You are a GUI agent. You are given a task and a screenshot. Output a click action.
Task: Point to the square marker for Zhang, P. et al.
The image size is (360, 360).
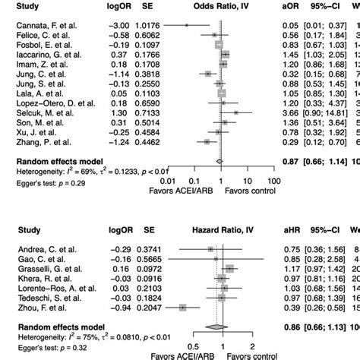[x=207, y=141]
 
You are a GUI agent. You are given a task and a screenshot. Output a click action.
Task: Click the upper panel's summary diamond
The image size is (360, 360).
[x=219, y=161]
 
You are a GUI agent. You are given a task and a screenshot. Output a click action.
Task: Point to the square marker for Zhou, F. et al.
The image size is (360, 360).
[x=184, y=308]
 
